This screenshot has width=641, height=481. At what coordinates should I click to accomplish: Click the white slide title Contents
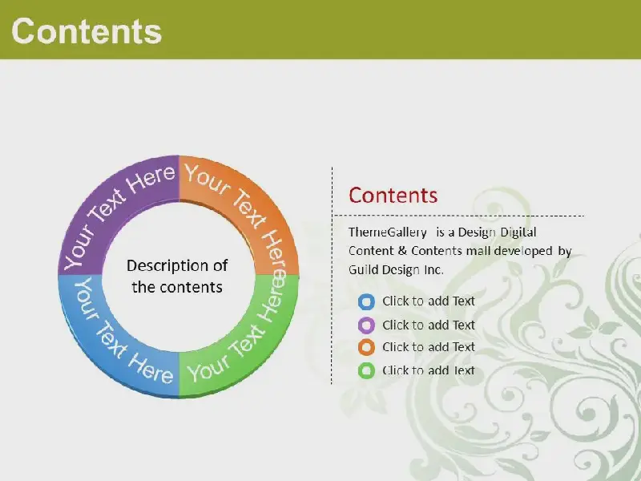pyautogui.click(x=87, y=31)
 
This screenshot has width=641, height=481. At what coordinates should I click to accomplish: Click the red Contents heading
pyautogui.click(x=393, y=195)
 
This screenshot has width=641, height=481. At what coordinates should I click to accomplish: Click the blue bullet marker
pyautogui.click(x=366, y=302)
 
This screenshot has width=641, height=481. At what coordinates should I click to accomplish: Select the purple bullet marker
pyautogui.click(x=366, y=325)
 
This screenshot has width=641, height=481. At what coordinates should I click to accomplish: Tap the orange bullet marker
pyautogui.click(x=366, y=347)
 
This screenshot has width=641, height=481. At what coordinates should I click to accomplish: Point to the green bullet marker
pyautogui.click(x=366, y=370)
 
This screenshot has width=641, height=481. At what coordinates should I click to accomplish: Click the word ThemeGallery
pyautogui.click(x=388, y=232)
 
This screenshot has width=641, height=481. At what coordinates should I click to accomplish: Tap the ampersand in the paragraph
pyautogui.click(x=402, y=251)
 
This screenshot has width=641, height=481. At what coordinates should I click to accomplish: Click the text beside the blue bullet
pyautogui.click(x=429, y=301)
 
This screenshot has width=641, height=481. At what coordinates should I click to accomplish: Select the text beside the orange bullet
pyautogui.click(x=429, y=347)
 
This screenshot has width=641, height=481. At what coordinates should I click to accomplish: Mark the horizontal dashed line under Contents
pyautogui.click(x=458, y=215)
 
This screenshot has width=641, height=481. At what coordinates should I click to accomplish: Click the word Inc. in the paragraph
pyautogui.click(x=433, y=270)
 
